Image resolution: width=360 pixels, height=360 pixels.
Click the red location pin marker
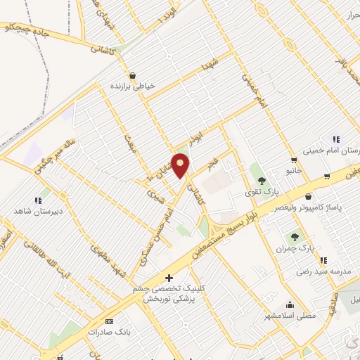(x=180, y=165)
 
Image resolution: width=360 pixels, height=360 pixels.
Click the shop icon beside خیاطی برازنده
(x=132, y=75)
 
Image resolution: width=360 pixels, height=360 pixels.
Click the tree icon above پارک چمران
(x=304, y=238)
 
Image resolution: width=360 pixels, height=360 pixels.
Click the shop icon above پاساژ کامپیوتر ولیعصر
(x=310, y=197)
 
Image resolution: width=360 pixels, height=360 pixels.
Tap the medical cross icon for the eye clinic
(x=168, y=278)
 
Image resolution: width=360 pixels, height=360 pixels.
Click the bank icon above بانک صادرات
(x=108, y=321)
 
